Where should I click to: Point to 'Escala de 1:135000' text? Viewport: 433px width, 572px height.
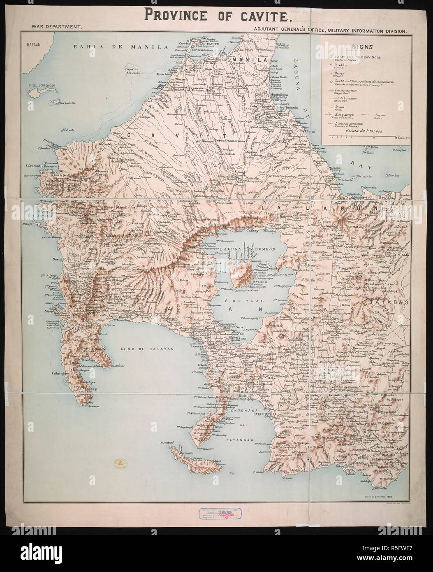tap(364, 133)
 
